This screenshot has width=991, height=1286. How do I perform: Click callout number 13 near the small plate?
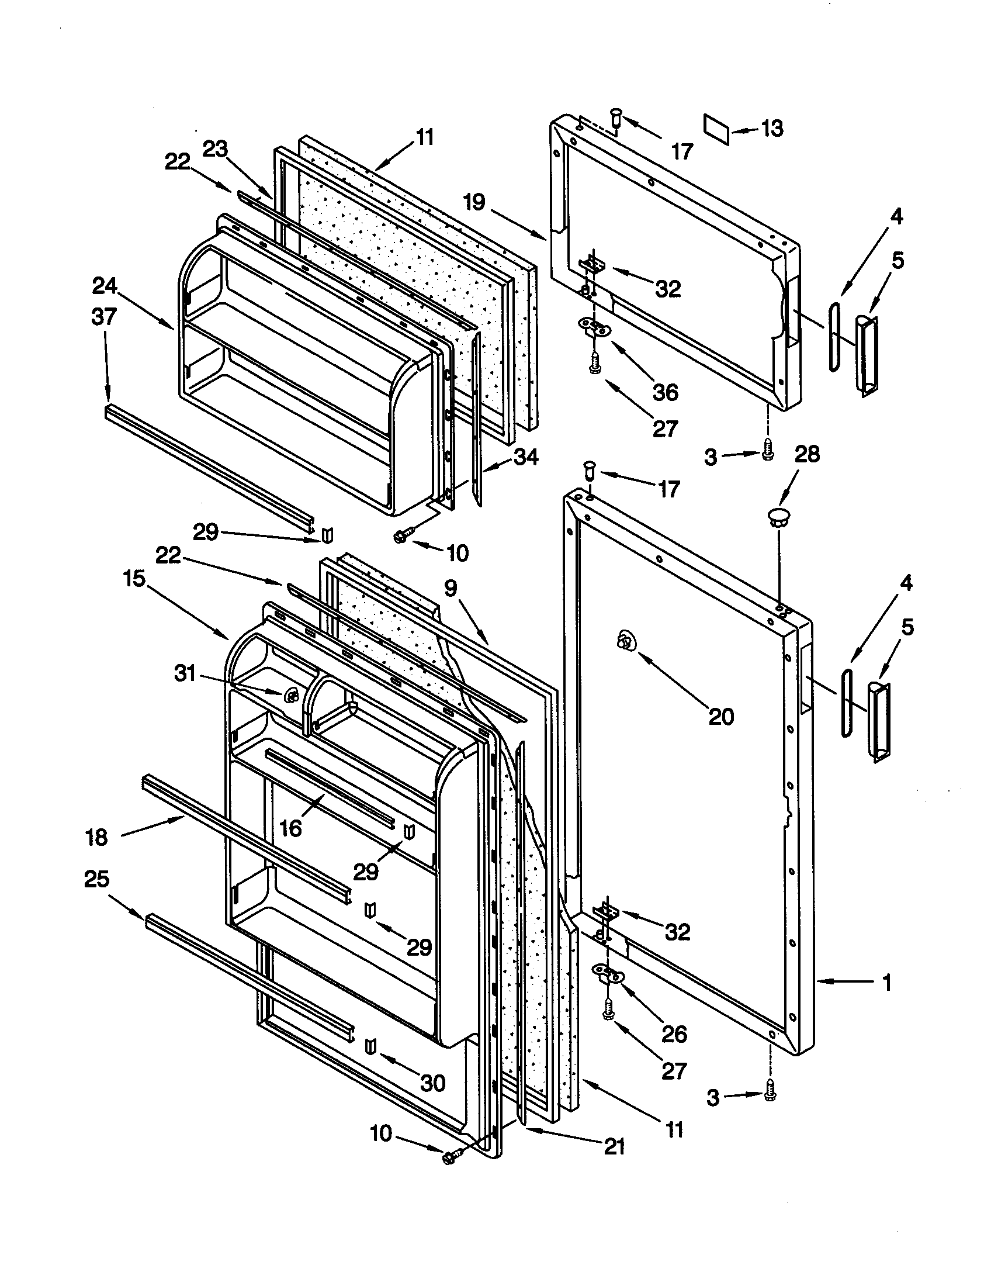click(772, 128)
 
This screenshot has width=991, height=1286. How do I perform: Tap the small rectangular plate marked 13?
click(717, 129)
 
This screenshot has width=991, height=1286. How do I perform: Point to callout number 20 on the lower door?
click(721, 717)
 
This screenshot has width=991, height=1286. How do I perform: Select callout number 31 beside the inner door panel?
click(185, 673)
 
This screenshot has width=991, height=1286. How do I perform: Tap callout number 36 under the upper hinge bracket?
click(666, 392)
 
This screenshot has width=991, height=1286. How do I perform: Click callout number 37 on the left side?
click(104, 317)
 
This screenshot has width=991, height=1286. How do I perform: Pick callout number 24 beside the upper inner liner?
click(105, 287)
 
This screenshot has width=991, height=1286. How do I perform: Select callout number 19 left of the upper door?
click(474, 202)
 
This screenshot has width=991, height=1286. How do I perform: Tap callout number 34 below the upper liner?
click(525, 457)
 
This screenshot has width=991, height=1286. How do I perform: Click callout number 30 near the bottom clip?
click(433, 1082)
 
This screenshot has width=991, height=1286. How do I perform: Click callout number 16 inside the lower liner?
click(291, 828)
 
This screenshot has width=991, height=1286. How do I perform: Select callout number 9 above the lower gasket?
click(450, 588)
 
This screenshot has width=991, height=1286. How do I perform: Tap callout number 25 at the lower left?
click(97, 879)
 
